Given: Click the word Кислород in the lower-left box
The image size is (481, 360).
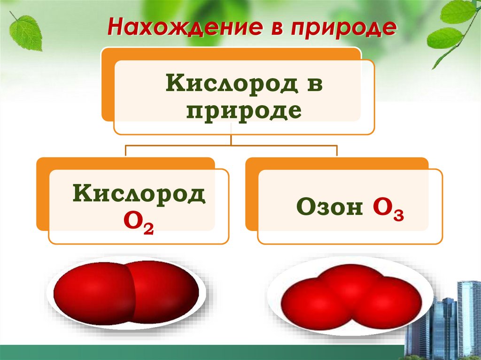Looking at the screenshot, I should (139, 194).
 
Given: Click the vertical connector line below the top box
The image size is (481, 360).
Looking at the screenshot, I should (231, 139).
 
